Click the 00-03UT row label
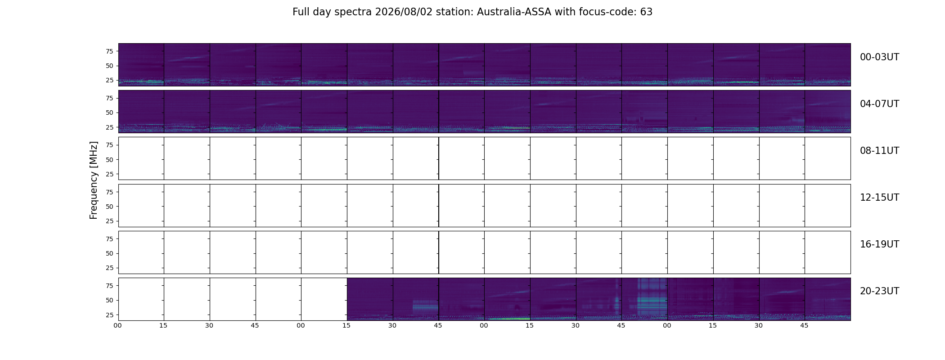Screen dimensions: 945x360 pos(879,57)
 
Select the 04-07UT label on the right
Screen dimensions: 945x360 pos(879,104)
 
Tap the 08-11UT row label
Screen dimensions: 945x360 pos(879,151)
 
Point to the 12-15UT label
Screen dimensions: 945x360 pos(879,198)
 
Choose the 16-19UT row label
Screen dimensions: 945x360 pos(879,244)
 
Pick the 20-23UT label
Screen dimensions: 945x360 pos(879,291)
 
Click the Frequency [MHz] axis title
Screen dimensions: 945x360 pos(94,180)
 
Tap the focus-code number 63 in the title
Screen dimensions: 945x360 pos(646,12)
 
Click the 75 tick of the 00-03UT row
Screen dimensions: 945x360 pos(109,51)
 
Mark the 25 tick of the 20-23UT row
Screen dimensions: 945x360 pos(109,315)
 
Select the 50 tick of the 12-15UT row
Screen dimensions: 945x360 pos(109,207)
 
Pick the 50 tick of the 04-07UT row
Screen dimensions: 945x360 pos(109,113)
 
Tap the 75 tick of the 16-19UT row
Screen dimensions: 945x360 pos(109,239)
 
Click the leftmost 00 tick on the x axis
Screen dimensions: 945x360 pos(118,325)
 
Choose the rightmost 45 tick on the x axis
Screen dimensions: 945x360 pos(804,325)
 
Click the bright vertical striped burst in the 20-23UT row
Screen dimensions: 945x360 pos(652,297)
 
